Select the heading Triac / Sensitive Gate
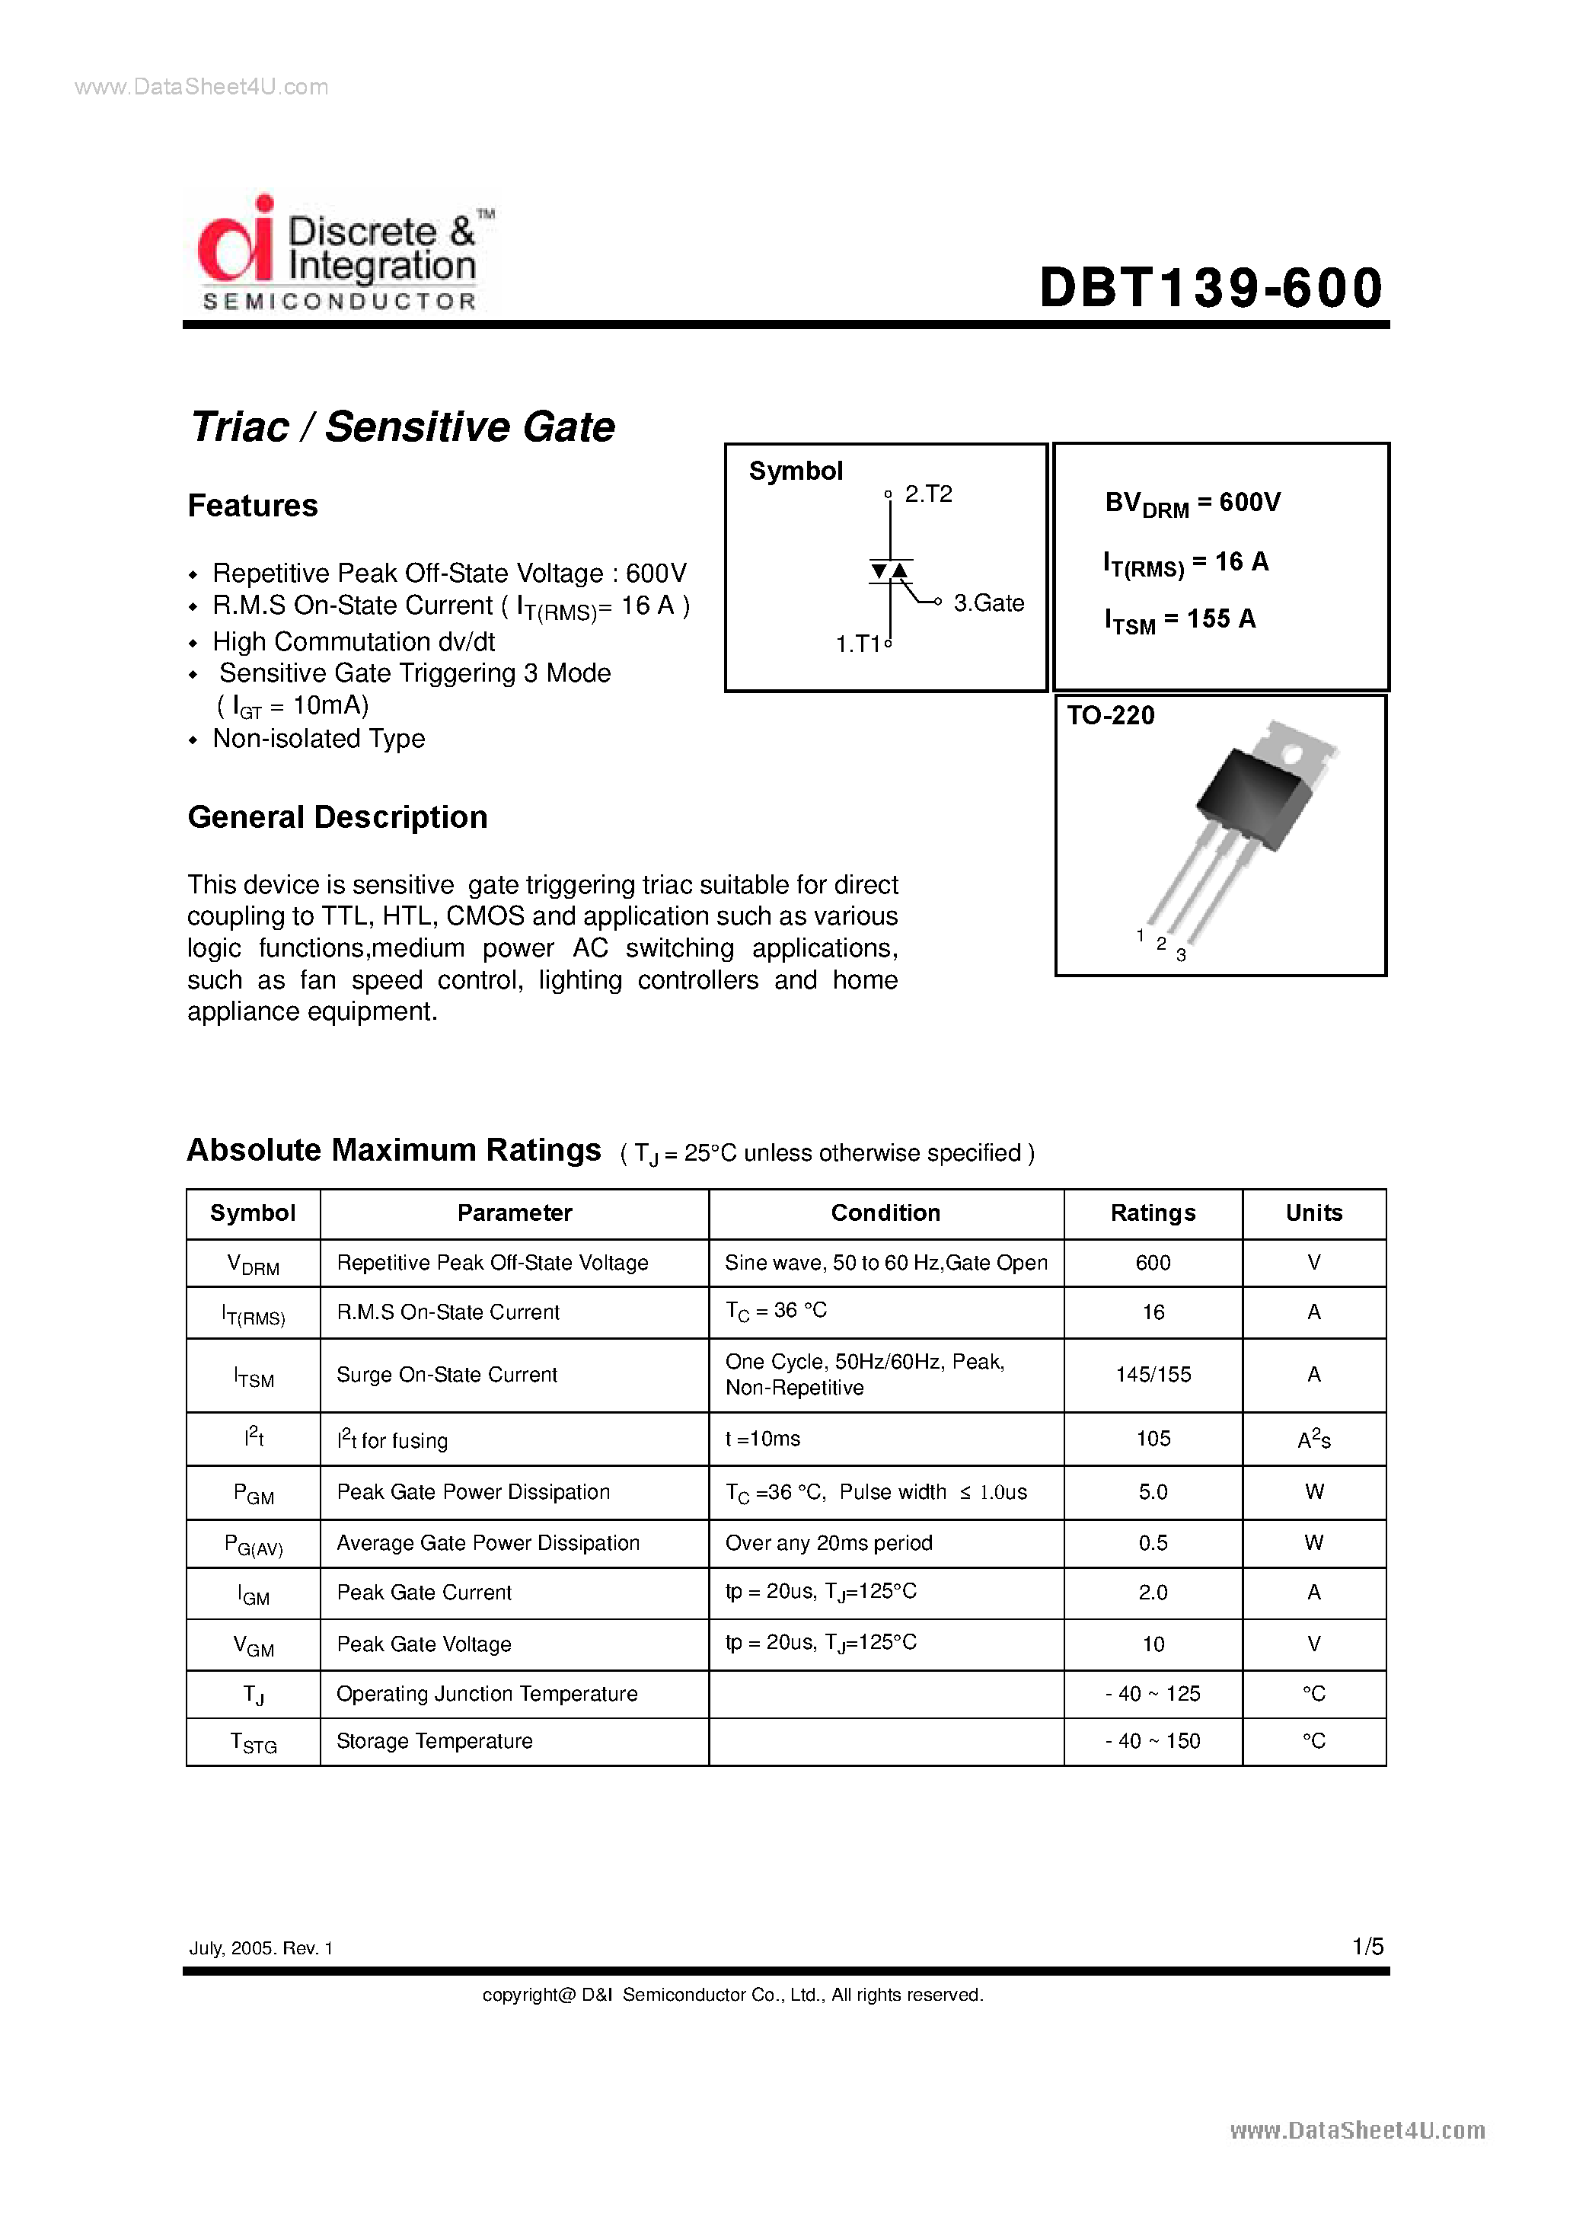point(403,427)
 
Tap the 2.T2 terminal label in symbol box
point(927,494)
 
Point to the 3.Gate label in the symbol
point(988,603)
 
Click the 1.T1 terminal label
point(858,644)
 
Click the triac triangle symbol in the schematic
point(889,571)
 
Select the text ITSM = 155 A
point(1179,620)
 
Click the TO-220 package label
point(1110,716)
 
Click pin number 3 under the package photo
point(1181,955)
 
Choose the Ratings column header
point(1152,1213)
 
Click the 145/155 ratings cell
point(1152,1375)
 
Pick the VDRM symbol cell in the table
point(253,1264)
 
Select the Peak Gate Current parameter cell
point(424,1593)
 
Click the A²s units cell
point(1313,1439)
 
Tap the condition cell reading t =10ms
point(763,1439)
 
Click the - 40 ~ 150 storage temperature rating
point(1152,1741)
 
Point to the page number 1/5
point(1367,1947)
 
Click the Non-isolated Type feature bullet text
point(318,739)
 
